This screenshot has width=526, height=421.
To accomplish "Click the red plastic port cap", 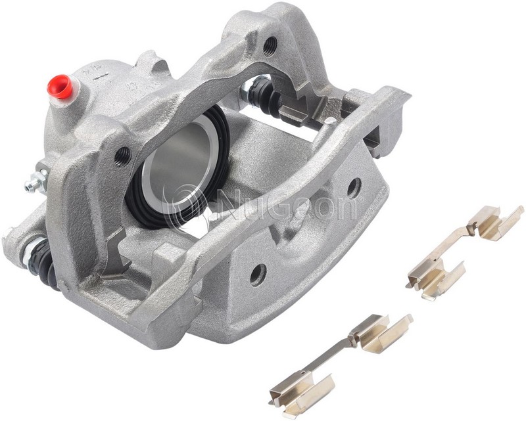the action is click(60, 86).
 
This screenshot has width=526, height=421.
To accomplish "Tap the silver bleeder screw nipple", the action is click(36, 181).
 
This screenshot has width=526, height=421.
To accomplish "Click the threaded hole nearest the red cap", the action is click(122, 156).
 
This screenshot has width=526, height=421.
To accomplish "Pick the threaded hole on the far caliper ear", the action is click(270, 45).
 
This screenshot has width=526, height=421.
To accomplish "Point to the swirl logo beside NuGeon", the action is click(183, 205).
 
